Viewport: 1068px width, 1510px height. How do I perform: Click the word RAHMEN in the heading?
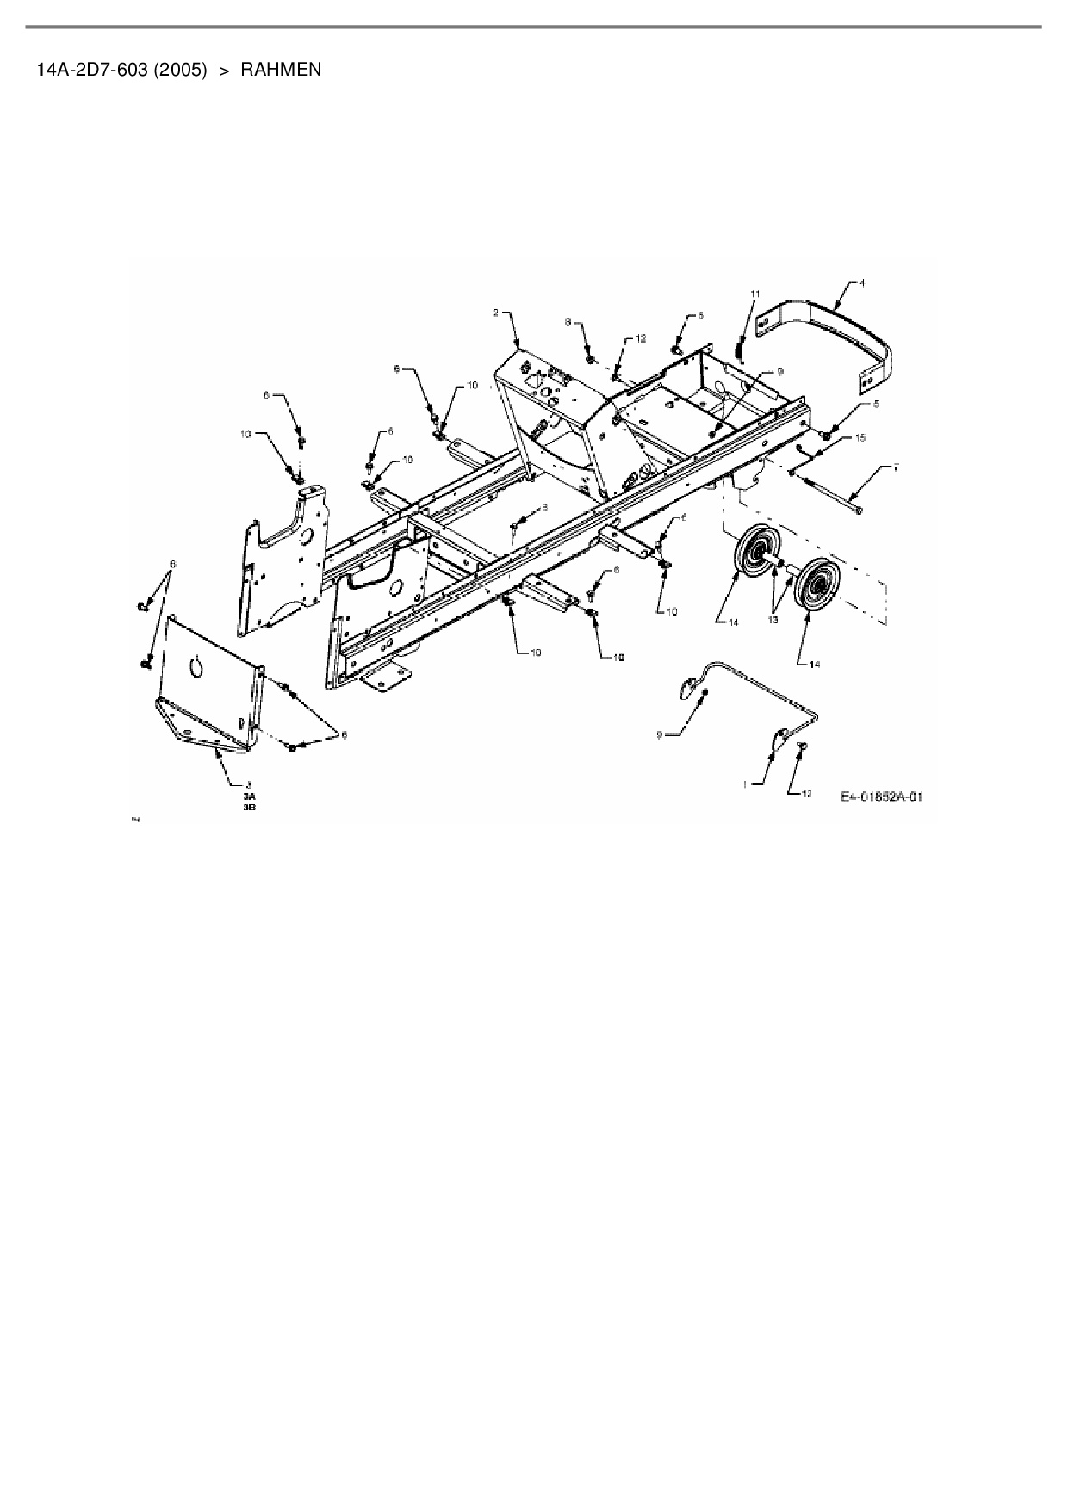point(281,70)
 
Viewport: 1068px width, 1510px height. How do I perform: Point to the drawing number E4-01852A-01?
point(881,797)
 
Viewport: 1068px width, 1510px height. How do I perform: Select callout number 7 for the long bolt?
point(896,467)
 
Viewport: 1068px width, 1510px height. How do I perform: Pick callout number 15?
point(860,438)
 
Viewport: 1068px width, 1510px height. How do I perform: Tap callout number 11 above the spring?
point(754,294)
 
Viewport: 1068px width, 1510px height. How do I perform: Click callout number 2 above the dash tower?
point(495,313)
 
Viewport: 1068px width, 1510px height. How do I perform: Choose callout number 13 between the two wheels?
point(773,619)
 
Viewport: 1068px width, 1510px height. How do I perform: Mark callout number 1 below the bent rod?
point(747,783)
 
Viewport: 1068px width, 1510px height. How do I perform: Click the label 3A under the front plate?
point(250,797)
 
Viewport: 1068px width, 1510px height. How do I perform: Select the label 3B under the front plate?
point(250,808)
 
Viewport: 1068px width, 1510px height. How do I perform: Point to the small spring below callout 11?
point(739,349)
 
